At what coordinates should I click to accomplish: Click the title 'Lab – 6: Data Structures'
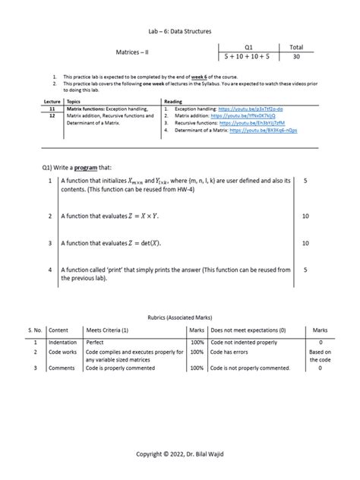point(179,31)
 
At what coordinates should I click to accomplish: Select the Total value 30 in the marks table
point(295,57)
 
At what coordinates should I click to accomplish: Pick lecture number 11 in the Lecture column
point(52,109)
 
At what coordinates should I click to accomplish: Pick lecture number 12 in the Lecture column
point(52,116)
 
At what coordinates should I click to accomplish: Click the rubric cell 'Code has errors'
point(231,352)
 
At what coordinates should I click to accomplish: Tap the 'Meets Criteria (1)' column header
point(107,330)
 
